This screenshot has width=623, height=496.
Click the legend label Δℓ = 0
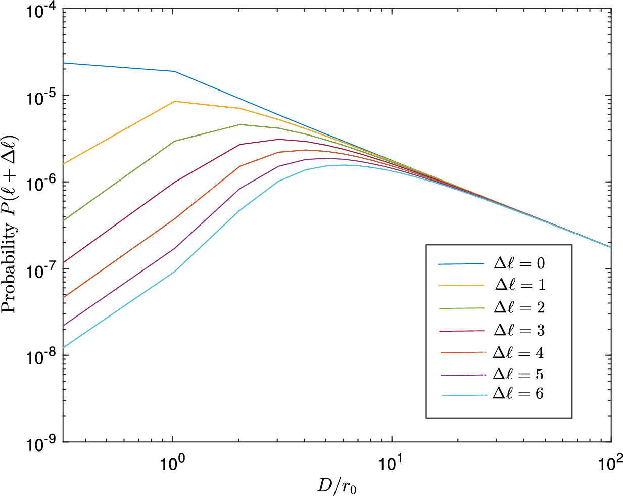[x=519, y=263]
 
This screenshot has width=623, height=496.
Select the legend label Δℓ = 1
[x=519, y=285]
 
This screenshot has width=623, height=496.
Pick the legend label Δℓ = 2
[x=519, y=307]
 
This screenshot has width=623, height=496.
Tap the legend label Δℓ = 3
[x=519, y=330]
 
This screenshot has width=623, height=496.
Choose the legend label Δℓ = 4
[x=518, y=352]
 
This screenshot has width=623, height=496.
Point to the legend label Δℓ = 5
[x=518, y=374]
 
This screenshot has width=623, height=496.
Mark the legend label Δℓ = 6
[x=518, y=394]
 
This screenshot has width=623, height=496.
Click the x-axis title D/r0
[x=337, y=486]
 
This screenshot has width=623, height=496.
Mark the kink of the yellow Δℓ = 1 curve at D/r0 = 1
[x=174, y=101]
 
